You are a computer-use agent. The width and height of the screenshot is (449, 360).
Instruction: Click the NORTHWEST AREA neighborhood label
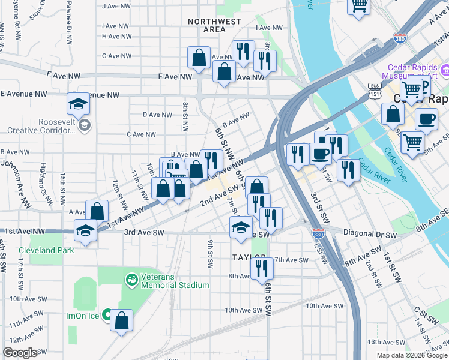click(206, 25)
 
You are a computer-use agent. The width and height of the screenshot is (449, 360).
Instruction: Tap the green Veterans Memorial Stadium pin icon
click(130, 279)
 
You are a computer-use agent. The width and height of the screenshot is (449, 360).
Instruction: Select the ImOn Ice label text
click(82, 315)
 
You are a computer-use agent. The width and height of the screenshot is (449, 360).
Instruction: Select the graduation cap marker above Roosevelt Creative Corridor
click(78, 104)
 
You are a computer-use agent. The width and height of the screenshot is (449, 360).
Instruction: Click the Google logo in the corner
click(20, 353)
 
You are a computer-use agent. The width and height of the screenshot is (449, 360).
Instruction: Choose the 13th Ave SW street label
click(384, 341)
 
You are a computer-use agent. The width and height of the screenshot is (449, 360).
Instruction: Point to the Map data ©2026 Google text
click(411, 355)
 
